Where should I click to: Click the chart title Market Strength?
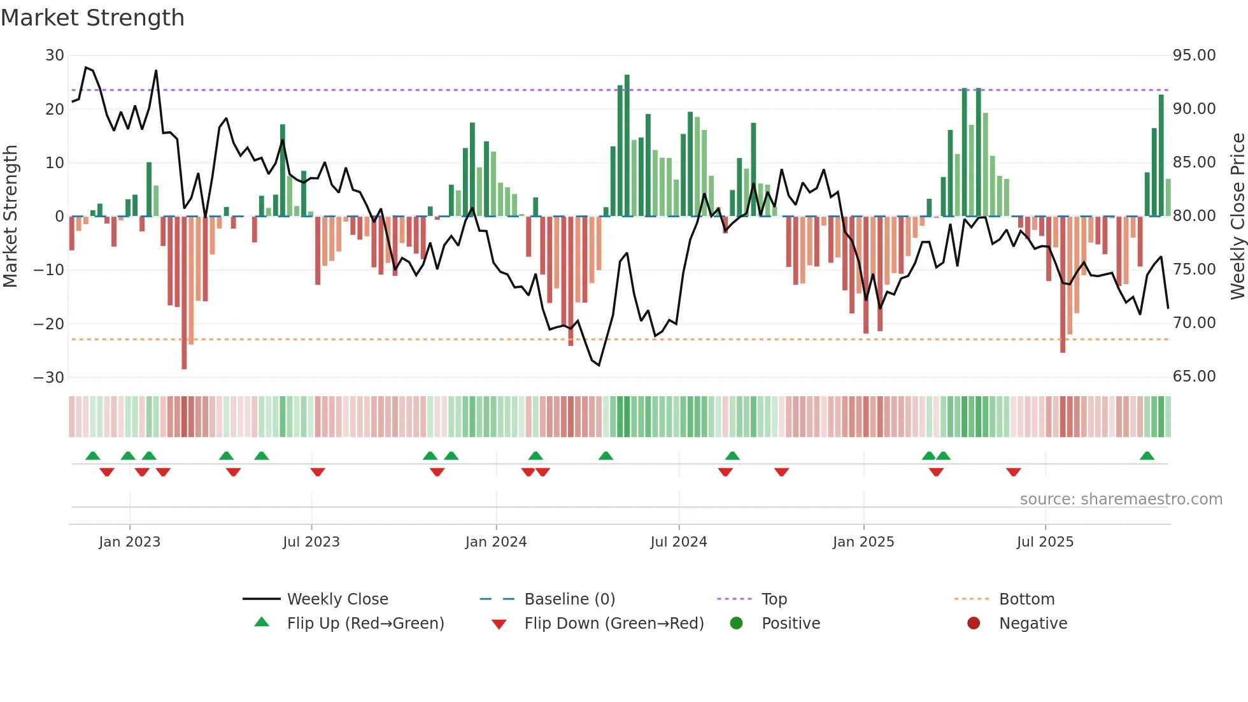pos(92,18)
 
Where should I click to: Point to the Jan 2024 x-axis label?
pos(496,542)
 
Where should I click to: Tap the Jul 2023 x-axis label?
pos(311,542)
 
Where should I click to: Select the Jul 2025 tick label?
pos(1045,542)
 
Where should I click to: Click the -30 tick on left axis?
pos(49,377)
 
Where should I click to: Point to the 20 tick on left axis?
pos(55,109)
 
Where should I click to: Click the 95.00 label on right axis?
pos(1194,55)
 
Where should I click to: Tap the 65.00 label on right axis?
pos(1194,376)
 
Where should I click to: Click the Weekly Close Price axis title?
pos(1237,216)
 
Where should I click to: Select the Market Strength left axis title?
pos(10,216)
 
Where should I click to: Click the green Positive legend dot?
pos(737,624)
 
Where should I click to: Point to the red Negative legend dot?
pos(974,624)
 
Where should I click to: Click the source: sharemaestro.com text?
pos(1121,499)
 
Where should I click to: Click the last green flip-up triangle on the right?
pos(1147,456)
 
